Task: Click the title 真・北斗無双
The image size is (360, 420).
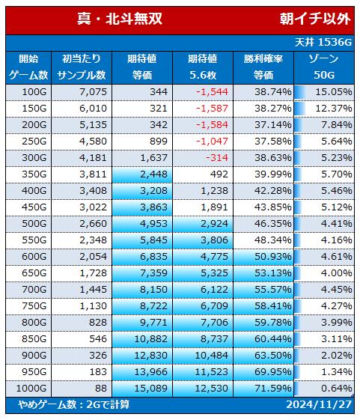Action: tap(120, 19)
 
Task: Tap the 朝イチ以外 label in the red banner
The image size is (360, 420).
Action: tap(315, 19)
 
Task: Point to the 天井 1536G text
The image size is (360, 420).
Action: tap(323, 42)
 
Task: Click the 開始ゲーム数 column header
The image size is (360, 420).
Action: tap(28, 67)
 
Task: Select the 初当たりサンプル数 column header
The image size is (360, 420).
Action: tap(82, 67)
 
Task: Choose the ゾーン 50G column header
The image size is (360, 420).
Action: tap(324, 67)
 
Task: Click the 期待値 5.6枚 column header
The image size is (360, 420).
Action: tap(203, 67)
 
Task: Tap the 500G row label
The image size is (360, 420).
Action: tap(34, 223)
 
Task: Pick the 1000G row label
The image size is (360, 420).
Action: tap(31, 388)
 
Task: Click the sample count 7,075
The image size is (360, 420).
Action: tap(94, 92)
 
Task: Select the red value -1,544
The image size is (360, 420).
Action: tap(212, 92)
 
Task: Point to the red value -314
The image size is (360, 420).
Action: tap(217, 158)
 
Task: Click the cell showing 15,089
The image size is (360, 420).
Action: tap(150, 388)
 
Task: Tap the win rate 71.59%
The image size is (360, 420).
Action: tap(273, 388)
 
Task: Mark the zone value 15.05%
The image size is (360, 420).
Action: tap(334, 92)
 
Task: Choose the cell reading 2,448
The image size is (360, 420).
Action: tap(153, 174)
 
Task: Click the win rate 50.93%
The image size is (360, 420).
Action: tap(273, 256)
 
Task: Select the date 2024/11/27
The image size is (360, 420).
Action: tap(319, 404)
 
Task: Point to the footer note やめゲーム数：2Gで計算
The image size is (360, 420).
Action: tap(74, 404)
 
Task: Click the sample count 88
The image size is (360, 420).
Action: tap(101, 388)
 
